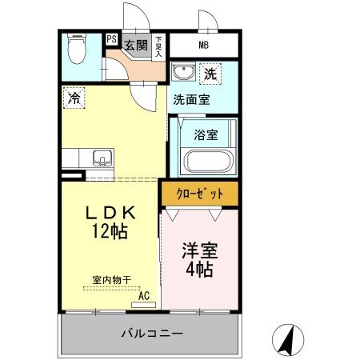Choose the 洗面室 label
tap(194, 102)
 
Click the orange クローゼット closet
tap(198, 193)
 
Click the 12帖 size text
tap(112, 231)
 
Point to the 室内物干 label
tap(112, 279)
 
